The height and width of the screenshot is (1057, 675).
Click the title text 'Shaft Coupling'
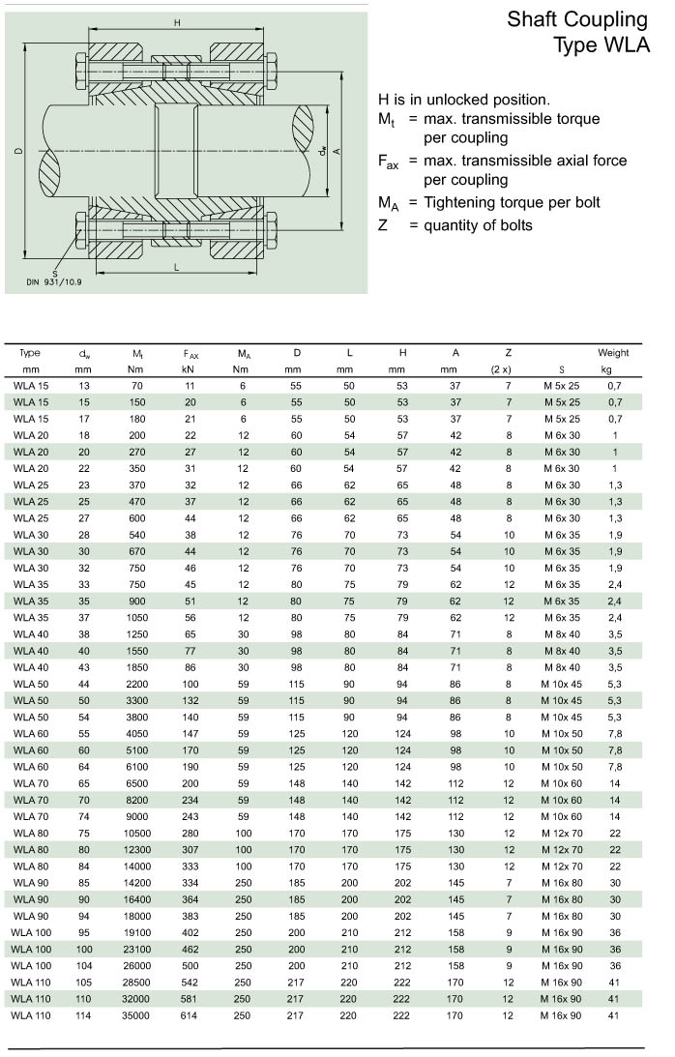(x=576, y=19)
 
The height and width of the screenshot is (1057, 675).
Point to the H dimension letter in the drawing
(x=177, y=22)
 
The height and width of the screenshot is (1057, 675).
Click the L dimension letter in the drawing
(x=175, y=265)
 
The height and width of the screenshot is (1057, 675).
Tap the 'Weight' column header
(x=613, y=353)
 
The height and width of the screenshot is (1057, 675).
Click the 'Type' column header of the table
(x=30, y=353)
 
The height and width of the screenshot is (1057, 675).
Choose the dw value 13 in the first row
(x=83, y=386)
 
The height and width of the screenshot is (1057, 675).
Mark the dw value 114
(x=83, y=1015)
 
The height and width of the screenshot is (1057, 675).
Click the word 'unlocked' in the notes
(x=456, y=100)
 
